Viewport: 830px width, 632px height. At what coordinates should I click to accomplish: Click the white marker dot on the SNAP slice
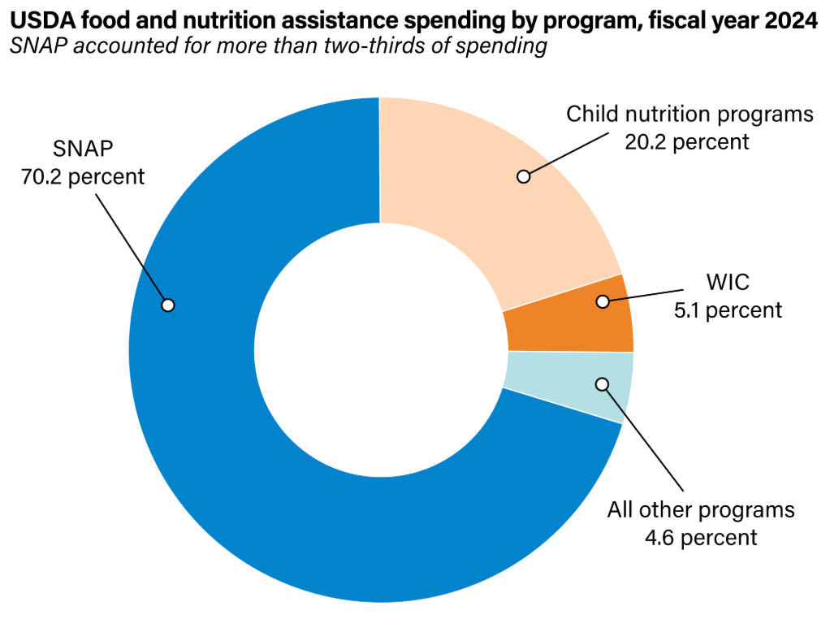[x=168, y=305]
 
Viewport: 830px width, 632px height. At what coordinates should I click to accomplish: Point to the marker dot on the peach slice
[x=524, y=175]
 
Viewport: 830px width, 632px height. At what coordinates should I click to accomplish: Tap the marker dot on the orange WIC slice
[x=603, y=301]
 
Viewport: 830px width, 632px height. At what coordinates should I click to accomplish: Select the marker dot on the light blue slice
[x=602, y=383]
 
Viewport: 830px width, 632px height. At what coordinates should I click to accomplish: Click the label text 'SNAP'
[x=82, y=149]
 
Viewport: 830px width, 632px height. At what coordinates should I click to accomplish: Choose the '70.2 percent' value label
[x=82, y=175]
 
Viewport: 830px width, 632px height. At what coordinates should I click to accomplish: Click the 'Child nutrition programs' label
[x=690, y=114]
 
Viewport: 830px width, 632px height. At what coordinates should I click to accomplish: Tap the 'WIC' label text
[x=727, y=282]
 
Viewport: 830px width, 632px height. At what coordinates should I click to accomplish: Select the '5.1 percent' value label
[x=728, y=310]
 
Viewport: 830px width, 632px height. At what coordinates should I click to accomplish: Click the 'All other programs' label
[x=701, y=510]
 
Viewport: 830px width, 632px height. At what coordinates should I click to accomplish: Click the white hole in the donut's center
[x=380, y=349]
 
